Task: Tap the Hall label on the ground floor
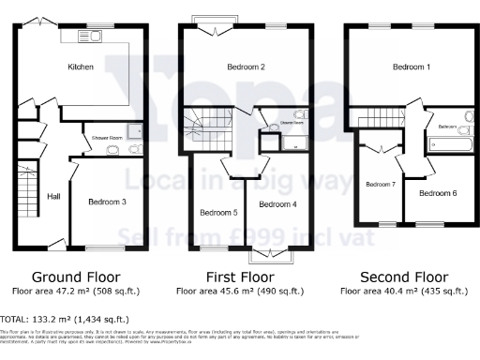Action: tap(54, 198)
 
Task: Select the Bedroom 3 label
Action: tap(107, 202)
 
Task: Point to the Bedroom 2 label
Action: tap(246, 67)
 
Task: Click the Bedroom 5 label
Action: tap(217, 211)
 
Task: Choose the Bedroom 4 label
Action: tap(277, 203)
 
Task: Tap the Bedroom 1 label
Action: tap(412, 67)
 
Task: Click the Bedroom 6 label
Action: tap(438, 193)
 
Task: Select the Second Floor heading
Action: tap(404, 277)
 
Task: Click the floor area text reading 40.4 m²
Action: tap(404, 292)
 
